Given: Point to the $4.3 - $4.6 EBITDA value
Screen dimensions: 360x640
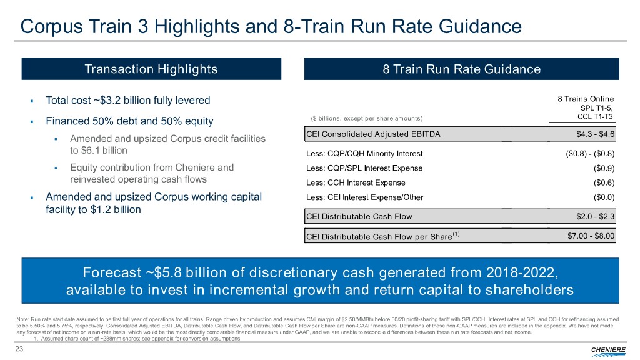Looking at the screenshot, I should (x=596, y=134).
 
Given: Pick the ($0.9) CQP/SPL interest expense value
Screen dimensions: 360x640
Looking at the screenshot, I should (x=604, y=168).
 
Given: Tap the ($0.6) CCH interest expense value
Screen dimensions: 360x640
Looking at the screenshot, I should (x=604, y=182).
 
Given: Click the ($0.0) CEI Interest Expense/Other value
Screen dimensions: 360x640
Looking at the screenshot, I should (x=604, y=197).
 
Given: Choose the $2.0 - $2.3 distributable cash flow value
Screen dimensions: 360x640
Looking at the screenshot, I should (x=596, y=217).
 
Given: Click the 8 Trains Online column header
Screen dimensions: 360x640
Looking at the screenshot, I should (x=585, y=99).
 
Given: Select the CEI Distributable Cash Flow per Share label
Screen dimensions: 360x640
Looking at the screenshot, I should (x=381, y=237).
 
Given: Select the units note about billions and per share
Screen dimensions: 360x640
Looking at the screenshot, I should (x=366, y=119).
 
